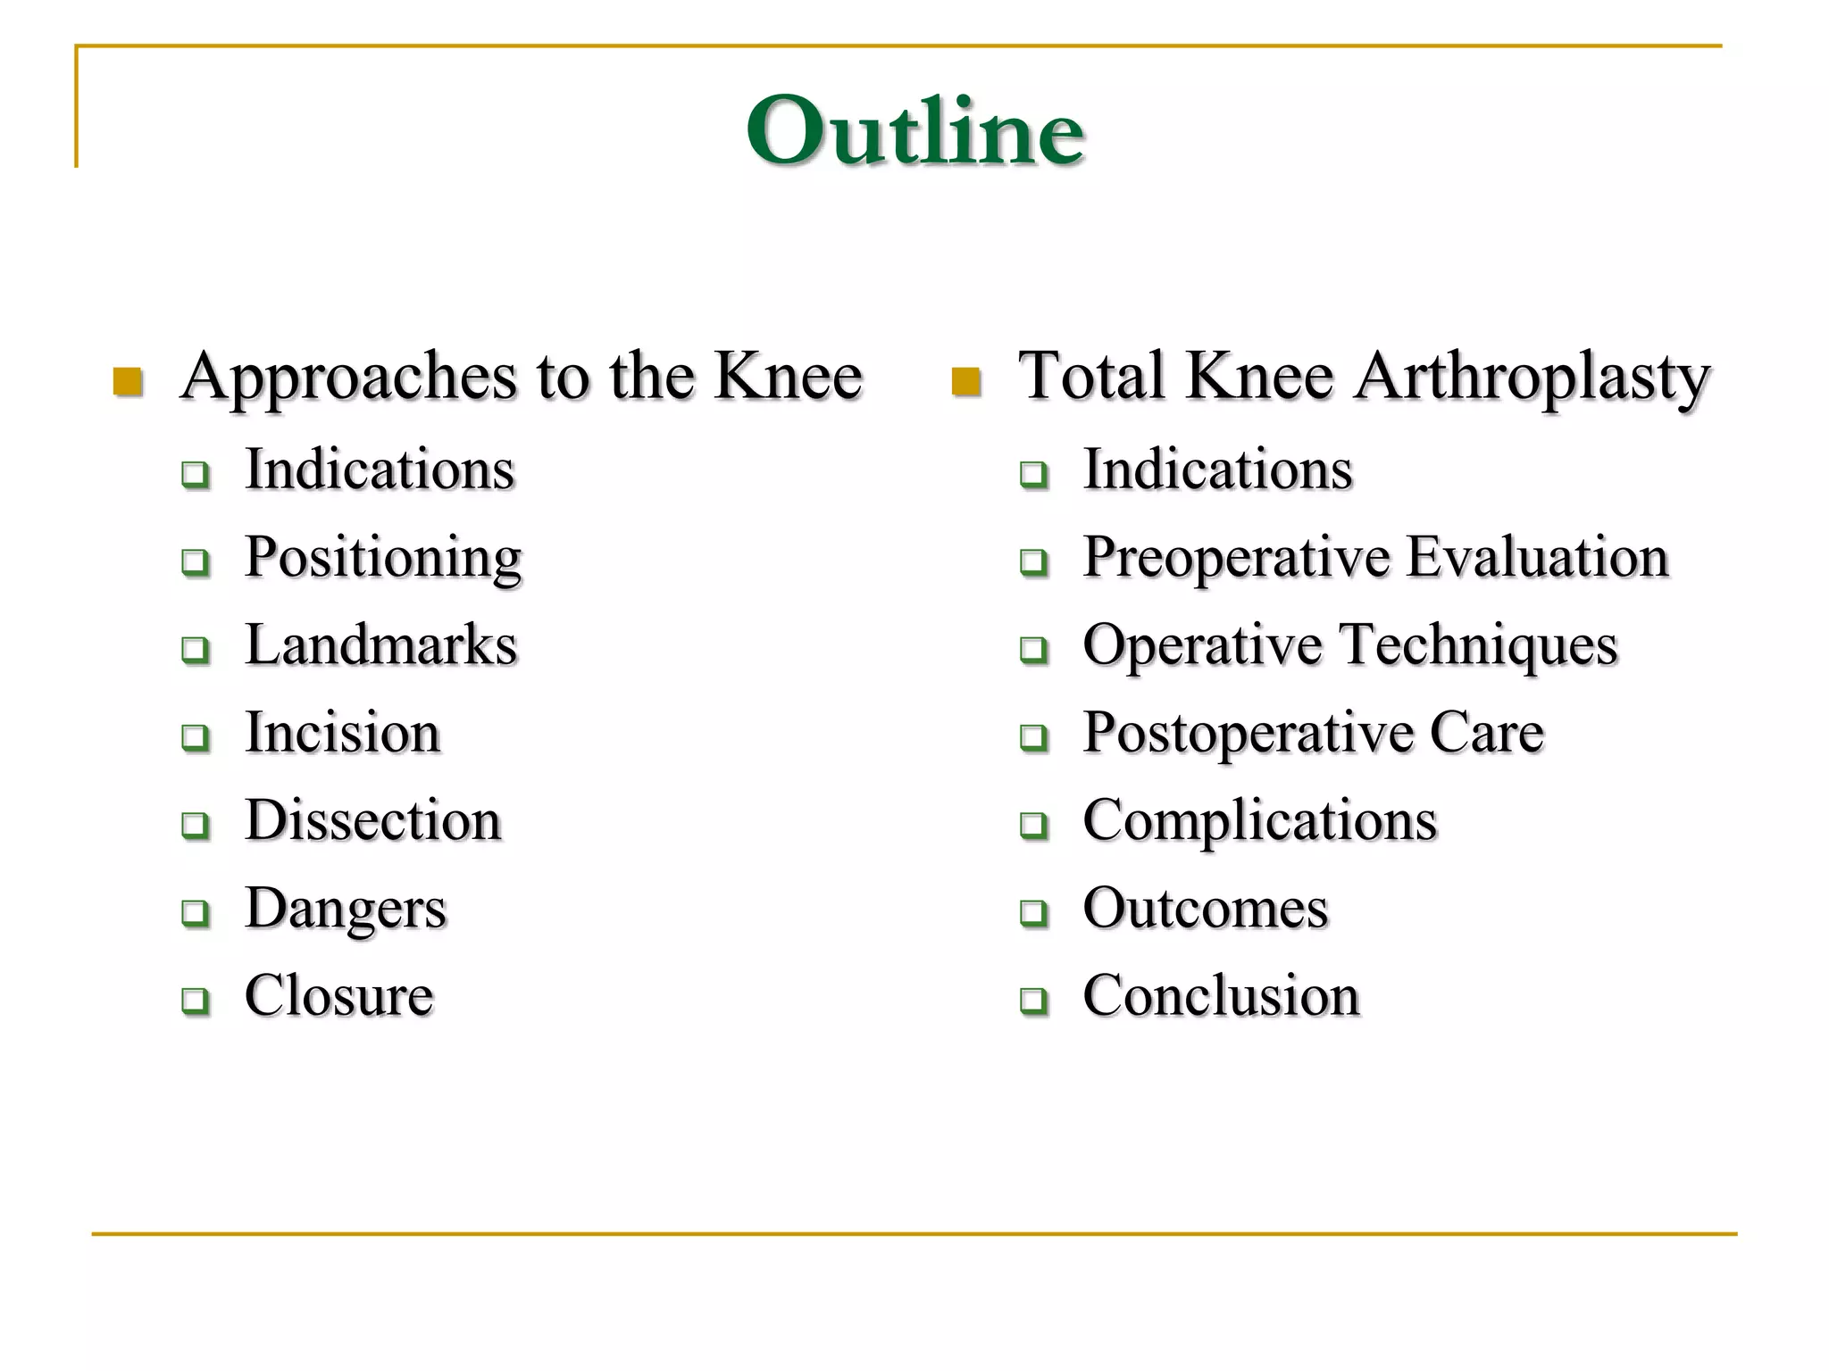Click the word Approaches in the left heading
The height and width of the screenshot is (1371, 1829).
pyautogui.click(x=348, y=377)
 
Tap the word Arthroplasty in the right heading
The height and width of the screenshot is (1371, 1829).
pyautogui.click(x=1532, y=377)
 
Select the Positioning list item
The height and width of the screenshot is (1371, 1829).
pyautogui.click(x=383, y=558)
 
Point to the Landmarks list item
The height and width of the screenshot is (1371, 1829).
pyautogui.click(x=380, y=644)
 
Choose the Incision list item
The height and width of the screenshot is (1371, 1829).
pyautogui.click(x=343, y=733)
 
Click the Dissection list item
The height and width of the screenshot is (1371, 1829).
pyautogui.click(x=373, y=820)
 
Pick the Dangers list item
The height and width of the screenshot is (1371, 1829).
pyautogui.click(x=346, y=909)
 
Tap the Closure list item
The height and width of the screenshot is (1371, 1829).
pyautogui.click(x=339, y=995)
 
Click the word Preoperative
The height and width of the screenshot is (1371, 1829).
pyautogui.click(x=1237, y=558)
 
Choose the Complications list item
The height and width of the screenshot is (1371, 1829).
pyautogui.click(x=1260, y=820)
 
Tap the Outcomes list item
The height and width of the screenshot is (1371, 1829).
pyautogui.click(x=1206, y=909)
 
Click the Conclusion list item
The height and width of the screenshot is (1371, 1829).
pyautogui.click(x=1221, y=995)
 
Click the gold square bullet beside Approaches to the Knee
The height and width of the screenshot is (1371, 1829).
pyautogui.click(x=128, y=382)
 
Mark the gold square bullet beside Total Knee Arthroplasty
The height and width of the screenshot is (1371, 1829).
pyautogui.click(x=965, y=382)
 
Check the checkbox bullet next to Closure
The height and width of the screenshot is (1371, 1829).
pyautogui.click(x=195, y=1000)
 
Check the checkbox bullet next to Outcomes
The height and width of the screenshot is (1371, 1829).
pyautogui.click(x=1033, y=912)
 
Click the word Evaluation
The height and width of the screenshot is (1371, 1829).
pyautogui.click(x=1537, y=558)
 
